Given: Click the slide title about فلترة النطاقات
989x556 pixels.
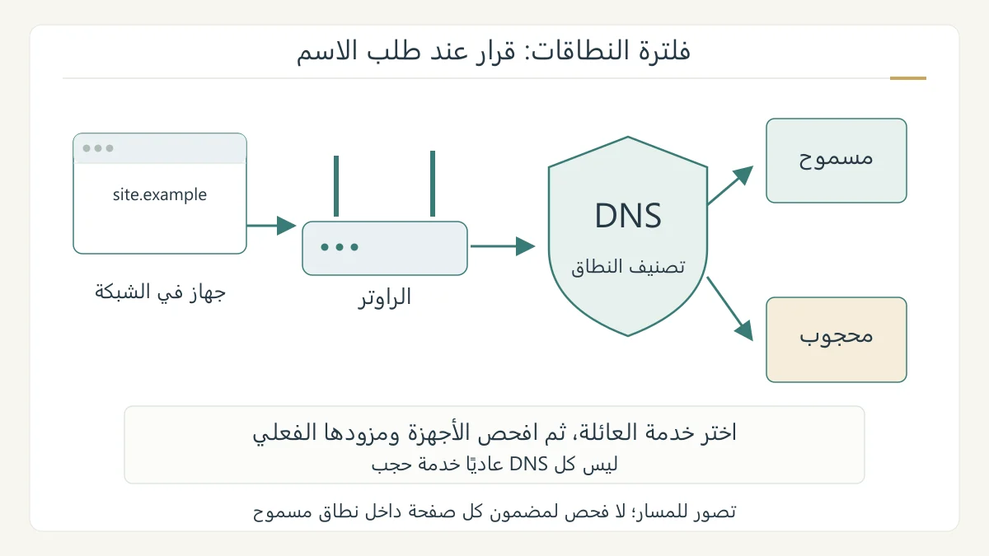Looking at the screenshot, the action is [493, 52].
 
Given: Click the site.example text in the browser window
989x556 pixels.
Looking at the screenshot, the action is [159, 194].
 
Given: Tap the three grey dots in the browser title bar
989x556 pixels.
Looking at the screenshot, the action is [98, 148].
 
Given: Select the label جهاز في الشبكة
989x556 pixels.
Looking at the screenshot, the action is [160, 292].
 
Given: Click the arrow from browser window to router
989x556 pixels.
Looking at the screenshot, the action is [271, 226].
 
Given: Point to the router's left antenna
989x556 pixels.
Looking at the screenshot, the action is [336, 186].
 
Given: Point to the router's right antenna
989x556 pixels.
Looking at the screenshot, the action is [433, 184].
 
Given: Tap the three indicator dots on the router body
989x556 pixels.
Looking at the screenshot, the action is [340, 247].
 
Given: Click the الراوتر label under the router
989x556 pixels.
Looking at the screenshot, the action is [385, 297].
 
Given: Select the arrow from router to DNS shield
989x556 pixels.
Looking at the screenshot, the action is [503, 246].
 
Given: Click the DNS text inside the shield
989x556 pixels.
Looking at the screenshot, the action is [628, 216].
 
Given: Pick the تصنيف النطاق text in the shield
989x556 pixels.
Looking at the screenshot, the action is [628, 267].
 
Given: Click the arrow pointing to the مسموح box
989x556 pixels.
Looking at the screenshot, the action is [730, 185].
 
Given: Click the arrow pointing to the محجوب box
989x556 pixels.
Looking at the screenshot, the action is [730, 309].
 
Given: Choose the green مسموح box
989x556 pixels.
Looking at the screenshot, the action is [837, 161].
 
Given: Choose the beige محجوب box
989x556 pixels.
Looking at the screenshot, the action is [837, 339].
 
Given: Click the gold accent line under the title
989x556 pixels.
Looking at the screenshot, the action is [907, 78].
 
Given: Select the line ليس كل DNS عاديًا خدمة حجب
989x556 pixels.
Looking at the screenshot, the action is [494, 465].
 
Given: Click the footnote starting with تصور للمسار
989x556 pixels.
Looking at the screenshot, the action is [494, 512].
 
